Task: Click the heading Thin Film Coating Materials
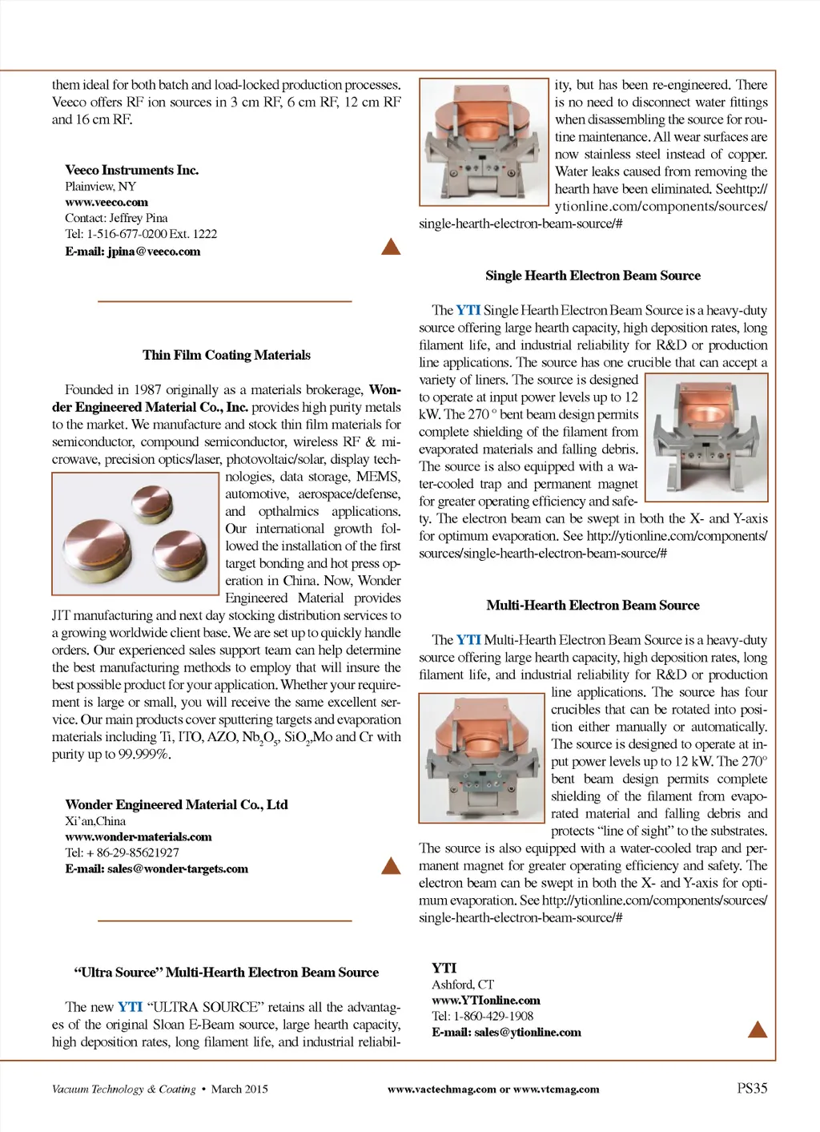coord(227,355)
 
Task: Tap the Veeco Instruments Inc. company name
coord(132,170)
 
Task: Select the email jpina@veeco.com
coord(133,252)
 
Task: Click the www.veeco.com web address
coord(107,203)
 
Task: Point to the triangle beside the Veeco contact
coord(391,247)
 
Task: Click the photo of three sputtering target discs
coord(135,534)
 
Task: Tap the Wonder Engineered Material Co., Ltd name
coord(176,804)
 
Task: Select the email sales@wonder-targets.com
coord(157,869)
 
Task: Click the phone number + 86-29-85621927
coord(122,853)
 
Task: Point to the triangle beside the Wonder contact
coord(391,865)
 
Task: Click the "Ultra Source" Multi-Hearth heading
coord(227,973)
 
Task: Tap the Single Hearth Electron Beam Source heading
coord(593,276)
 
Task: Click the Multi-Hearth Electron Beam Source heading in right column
coord(593,606)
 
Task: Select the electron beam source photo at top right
coord(484,142)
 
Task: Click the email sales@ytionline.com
coord(507,1033)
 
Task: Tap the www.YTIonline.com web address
coord(486,1001)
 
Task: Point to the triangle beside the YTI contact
coord(757,1029)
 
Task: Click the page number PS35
coord(752,1088)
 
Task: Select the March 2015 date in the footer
coord(239,1090)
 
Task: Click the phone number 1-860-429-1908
coord(483,1017)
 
